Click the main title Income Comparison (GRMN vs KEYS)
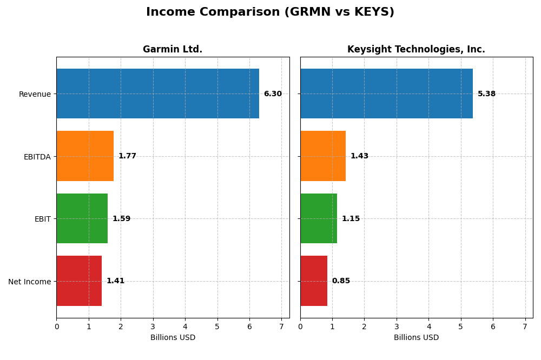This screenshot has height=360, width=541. point(270,12)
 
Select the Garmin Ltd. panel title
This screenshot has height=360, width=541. point(173,49)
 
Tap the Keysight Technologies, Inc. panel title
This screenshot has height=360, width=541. point(416,49)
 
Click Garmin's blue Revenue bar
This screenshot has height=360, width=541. point(157,94)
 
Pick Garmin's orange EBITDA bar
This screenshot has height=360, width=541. point(85,156)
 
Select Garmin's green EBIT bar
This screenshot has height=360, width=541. point(82,218)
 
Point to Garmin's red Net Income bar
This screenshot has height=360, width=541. point(79,281)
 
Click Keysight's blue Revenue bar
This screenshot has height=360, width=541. point(386,94)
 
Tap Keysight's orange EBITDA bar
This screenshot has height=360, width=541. point(323,156)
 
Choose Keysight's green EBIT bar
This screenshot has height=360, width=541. point(319,218)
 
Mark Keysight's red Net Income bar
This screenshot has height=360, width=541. point(314,281)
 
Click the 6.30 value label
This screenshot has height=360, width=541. point(273,94)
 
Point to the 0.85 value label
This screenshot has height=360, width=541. point(341,281)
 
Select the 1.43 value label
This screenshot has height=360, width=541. point(359,156)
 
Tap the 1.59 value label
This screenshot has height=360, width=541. point(121,218)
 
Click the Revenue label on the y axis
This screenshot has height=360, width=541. point(35,94)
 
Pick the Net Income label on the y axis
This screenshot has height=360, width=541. point(29,281)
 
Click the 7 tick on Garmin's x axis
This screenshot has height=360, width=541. point(281,326)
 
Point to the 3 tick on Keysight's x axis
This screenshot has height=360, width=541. point(397,326)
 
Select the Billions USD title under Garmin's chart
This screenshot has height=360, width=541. point(173,337)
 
